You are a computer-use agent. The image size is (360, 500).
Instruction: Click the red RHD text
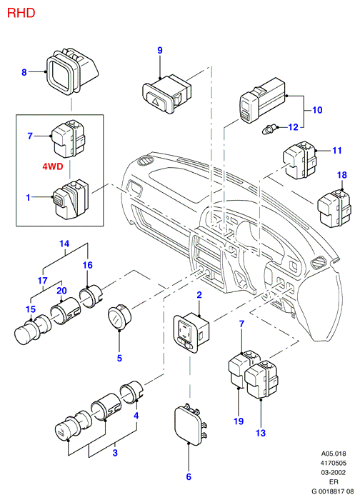tap(21, 13)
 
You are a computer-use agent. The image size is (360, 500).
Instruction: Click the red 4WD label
tap(53, 166)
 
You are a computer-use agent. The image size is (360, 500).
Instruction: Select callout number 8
tap(24, 72)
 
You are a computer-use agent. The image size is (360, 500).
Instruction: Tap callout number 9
tap(160, 51)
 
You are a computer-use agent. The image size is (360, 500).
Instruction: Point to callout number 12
tap(293, 127)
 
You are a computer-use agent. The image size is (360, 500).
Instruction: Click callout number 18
tap(342, 175)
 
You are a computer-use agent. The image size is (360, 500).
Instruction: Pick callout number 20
tap(61, 291)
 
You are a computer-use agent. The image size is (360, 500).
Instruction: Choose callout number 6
tap(189, 476)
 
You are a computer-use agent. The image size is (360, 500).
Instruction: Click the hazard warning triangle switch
tap(166, 94)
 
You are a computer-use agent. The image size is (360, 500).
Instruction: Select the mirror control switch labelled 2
tap(191, 333)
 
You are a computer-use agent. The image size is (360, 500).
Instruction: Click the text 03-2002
tap(333, 473)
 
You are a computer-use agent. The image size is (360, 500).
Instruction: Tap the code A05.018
tap(334, 454)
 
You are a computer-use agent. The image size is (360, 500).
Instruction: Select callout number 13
tap(261, 433)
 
